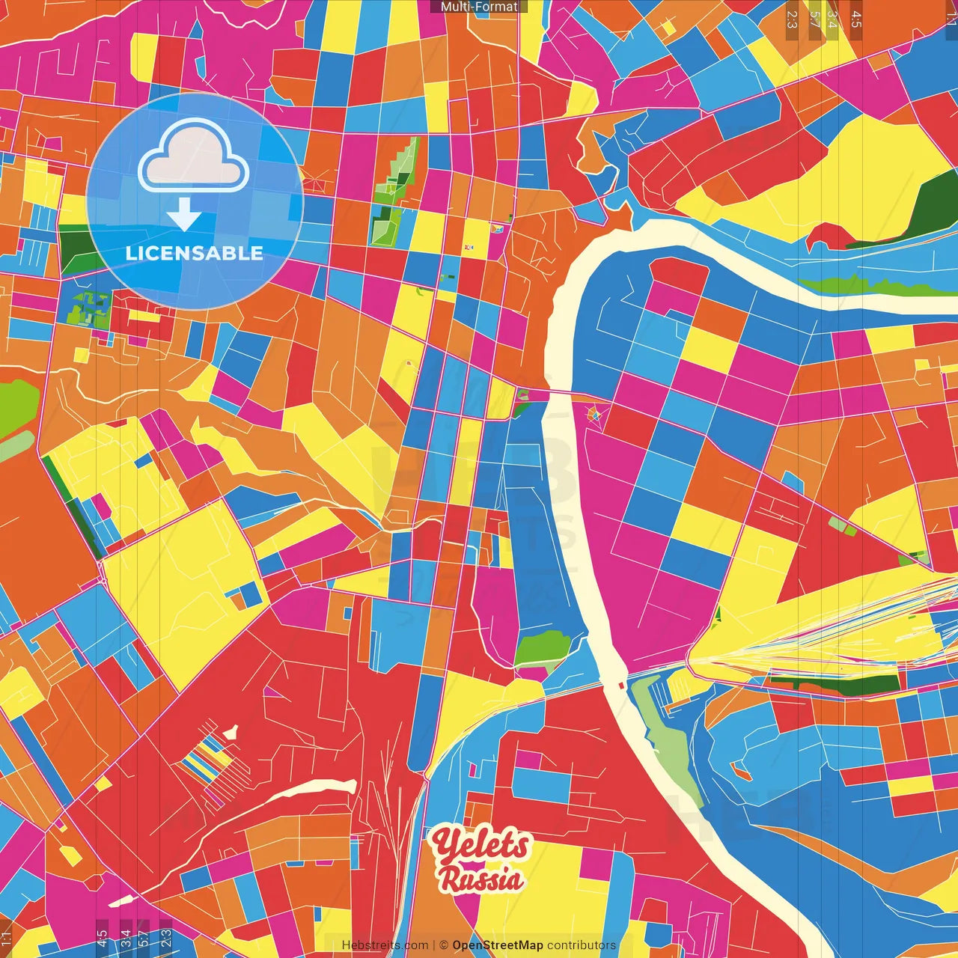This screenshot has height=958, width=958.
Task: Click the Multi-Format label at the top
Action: click(x=479, y=7)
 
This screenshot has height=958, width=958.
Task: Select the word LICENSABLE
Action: click(x=194, y=253)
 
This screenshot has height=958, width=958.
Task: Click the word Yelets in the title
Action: click(x=481, y=845)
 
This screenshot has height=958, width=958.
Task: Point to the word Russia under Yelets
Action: click(x=480, y=879)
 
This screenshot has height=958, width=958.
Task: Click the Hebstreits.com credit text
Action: click(x=385, y=945)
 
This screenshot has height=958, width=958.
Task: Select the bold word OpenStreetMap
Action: click(x=497, y=945)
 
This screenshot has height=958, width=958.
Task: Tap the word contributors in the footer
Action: click(x=582, y=945)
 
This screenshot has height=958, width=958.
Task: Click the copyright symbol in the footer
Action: click(x=443, y=945)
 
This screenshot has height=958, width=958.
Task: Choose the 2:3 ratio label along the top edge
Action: click(x=792, y=19)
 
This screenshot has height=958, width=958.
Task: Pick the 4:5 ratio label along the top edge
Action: click(x=856, y=19)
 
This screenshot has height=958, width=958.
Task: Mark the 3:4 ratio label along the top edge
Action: click(x=832, y=19)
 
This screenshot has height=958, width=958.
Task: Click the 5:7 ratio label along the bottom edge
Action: click(x=144, y=937)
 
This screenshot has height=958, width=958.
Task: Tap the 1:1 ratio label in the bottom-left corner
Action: click(x=6, y=939)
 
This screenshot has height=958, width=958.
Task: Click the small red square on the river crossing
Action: click(x=621, y=685)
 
